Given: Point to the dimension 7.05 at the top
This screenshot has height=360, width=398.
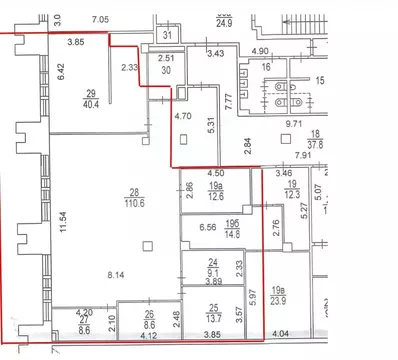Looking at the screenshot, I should pos(99,20).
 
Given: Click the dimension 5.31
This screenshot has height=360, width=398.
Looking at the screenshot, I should pos(210,126).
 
